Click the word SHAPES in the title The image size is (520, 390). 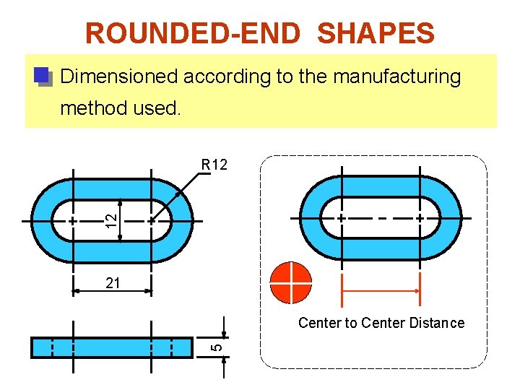coord(376,33)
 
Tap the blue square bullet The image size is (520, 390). coord(42,75)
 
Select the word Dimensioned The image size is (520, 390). coord(119,77)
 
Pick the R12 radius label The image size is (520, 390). coord(214,165)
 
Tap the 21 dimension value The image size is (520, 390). coord(113,284)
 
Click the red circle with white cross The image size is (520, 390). coord(290,282)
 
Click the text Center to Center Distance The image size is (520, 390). coord(381,323)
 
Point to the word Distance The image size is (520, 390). coord(436,323)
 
